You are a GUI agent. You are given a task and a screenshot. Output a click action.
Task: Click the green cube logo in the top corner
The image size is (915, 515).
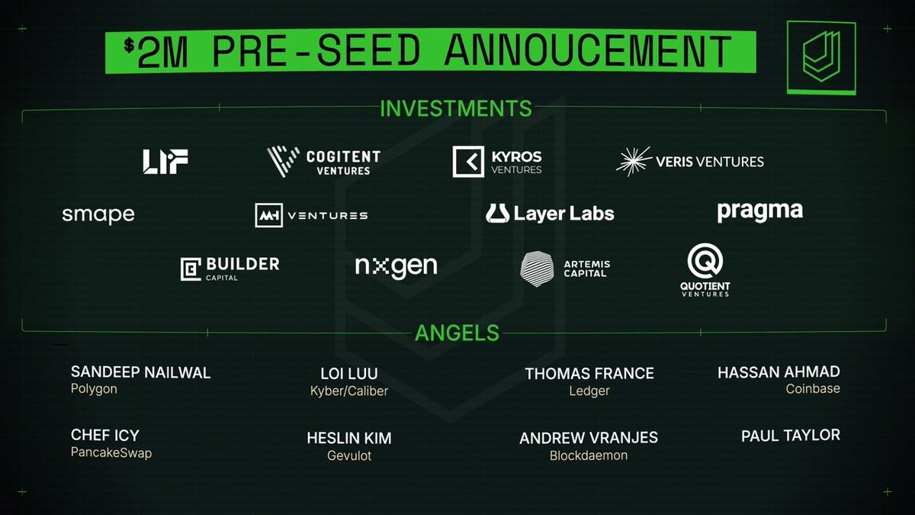point(821,58)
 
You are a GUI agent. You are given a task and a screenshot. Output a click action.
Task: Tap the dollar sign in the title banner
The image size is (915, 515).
point(129,45)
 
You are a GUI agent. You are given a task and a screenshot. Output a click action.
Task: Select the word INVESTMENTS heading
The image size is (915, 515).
point(456,108)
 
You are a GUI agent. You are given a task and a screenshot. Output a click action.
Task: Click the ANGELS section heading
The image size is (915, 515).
point(457,333)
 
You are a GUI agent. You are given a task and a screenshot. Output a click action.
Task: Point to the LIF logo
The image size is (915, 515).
point(165,162)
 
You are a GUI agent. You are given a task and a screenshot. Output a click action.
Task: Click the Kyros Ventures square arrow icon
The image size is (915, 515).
point(468,162)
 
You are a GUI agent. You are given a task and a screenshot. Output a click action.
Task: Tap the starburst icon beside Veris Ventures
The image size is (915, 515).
point(634,162)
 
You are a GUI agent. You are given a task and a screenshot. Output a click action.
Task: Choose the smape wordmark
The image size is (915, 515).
point(98,215)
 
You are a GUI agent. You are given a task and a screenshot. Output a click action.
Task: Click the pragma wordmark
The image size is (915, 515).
point(759,212)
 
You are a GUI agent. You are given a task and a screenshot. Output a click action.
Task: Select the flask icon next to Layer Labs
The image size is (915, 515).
point(497,214)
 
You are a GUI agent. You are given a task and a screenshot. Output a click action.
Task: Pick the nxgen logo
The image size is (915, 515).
point(396,267)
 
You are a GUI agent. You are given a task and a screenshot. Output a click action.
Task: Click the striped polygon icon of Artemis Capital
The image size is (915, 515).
point(537,269)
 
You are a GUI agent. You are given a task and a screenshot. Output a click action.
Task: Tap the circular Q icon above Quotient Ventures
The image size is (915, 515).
point(705,261)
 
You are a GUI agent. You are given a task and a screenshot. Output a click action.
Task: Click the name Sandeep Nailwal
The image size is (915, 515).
point(140,372)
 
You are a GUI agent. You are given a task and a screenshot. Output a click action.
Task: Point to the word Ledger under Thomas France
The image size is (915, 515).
point(589,391)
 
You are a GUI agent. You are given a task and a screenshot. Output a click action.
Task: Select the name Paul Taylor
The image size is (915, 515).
point(791,436)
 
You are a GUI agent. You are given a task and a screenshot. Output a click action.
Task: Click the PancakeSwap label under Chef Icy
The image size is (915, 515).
point(111,453)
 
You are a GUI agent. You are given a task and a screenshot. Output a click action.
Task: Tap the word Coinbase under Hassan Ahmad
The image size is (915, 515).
point(813,388)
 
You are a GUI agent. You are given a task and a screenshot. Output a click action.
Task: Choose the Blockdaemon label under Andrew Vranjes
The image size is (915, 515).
point(589,455)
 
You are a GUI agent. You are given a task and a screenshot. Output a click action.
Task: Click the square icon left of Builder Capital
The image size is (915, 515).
point(191,269)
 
